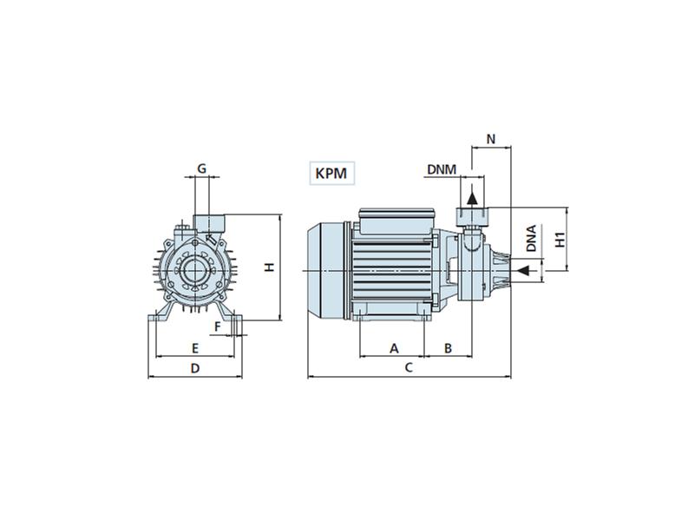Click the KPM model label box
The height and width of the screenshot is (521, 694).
pos(332,173)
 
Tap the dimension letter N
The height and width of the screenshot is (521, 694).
pos(491,139)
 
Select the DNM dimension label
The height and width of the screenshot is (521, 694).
pos(442,169)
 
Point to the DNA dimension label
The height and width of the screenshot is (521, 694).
pos(532,238)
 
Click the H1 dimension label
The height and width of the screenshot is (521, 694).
pos(560,240)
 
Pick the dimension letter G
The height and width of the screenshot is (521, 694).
pos(201,168)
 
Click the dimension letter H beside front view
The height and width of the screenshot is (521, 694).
pos(270,267)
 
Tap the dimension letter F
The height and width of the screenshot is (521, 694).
pos(218,327)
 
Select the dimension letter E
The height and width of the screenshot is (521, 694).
pos(194,348)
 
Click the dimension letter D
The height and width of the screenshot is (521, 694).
pos(195,368)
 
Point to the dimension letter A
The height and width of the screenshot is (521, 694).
pos(394,349)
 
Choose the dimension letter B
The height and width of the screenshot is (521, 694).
pos(448,349)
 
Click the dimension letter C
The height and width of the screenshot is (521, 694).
pos(409,367)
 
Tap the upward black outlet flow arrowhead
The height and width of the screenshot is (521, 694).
pos(472,198)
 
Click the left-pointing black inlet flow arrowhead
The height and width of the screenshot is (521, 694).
pos(524,270)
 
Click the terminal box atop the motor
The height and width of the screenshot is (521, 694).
pos(396,221)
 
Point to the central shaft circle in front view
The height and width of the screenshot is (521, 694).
pos(194,271)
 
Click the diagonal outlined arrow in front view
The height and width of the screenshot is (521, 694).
pos(212,240)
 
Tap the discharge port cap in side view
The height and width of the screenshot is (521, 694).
pos(472,216)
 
